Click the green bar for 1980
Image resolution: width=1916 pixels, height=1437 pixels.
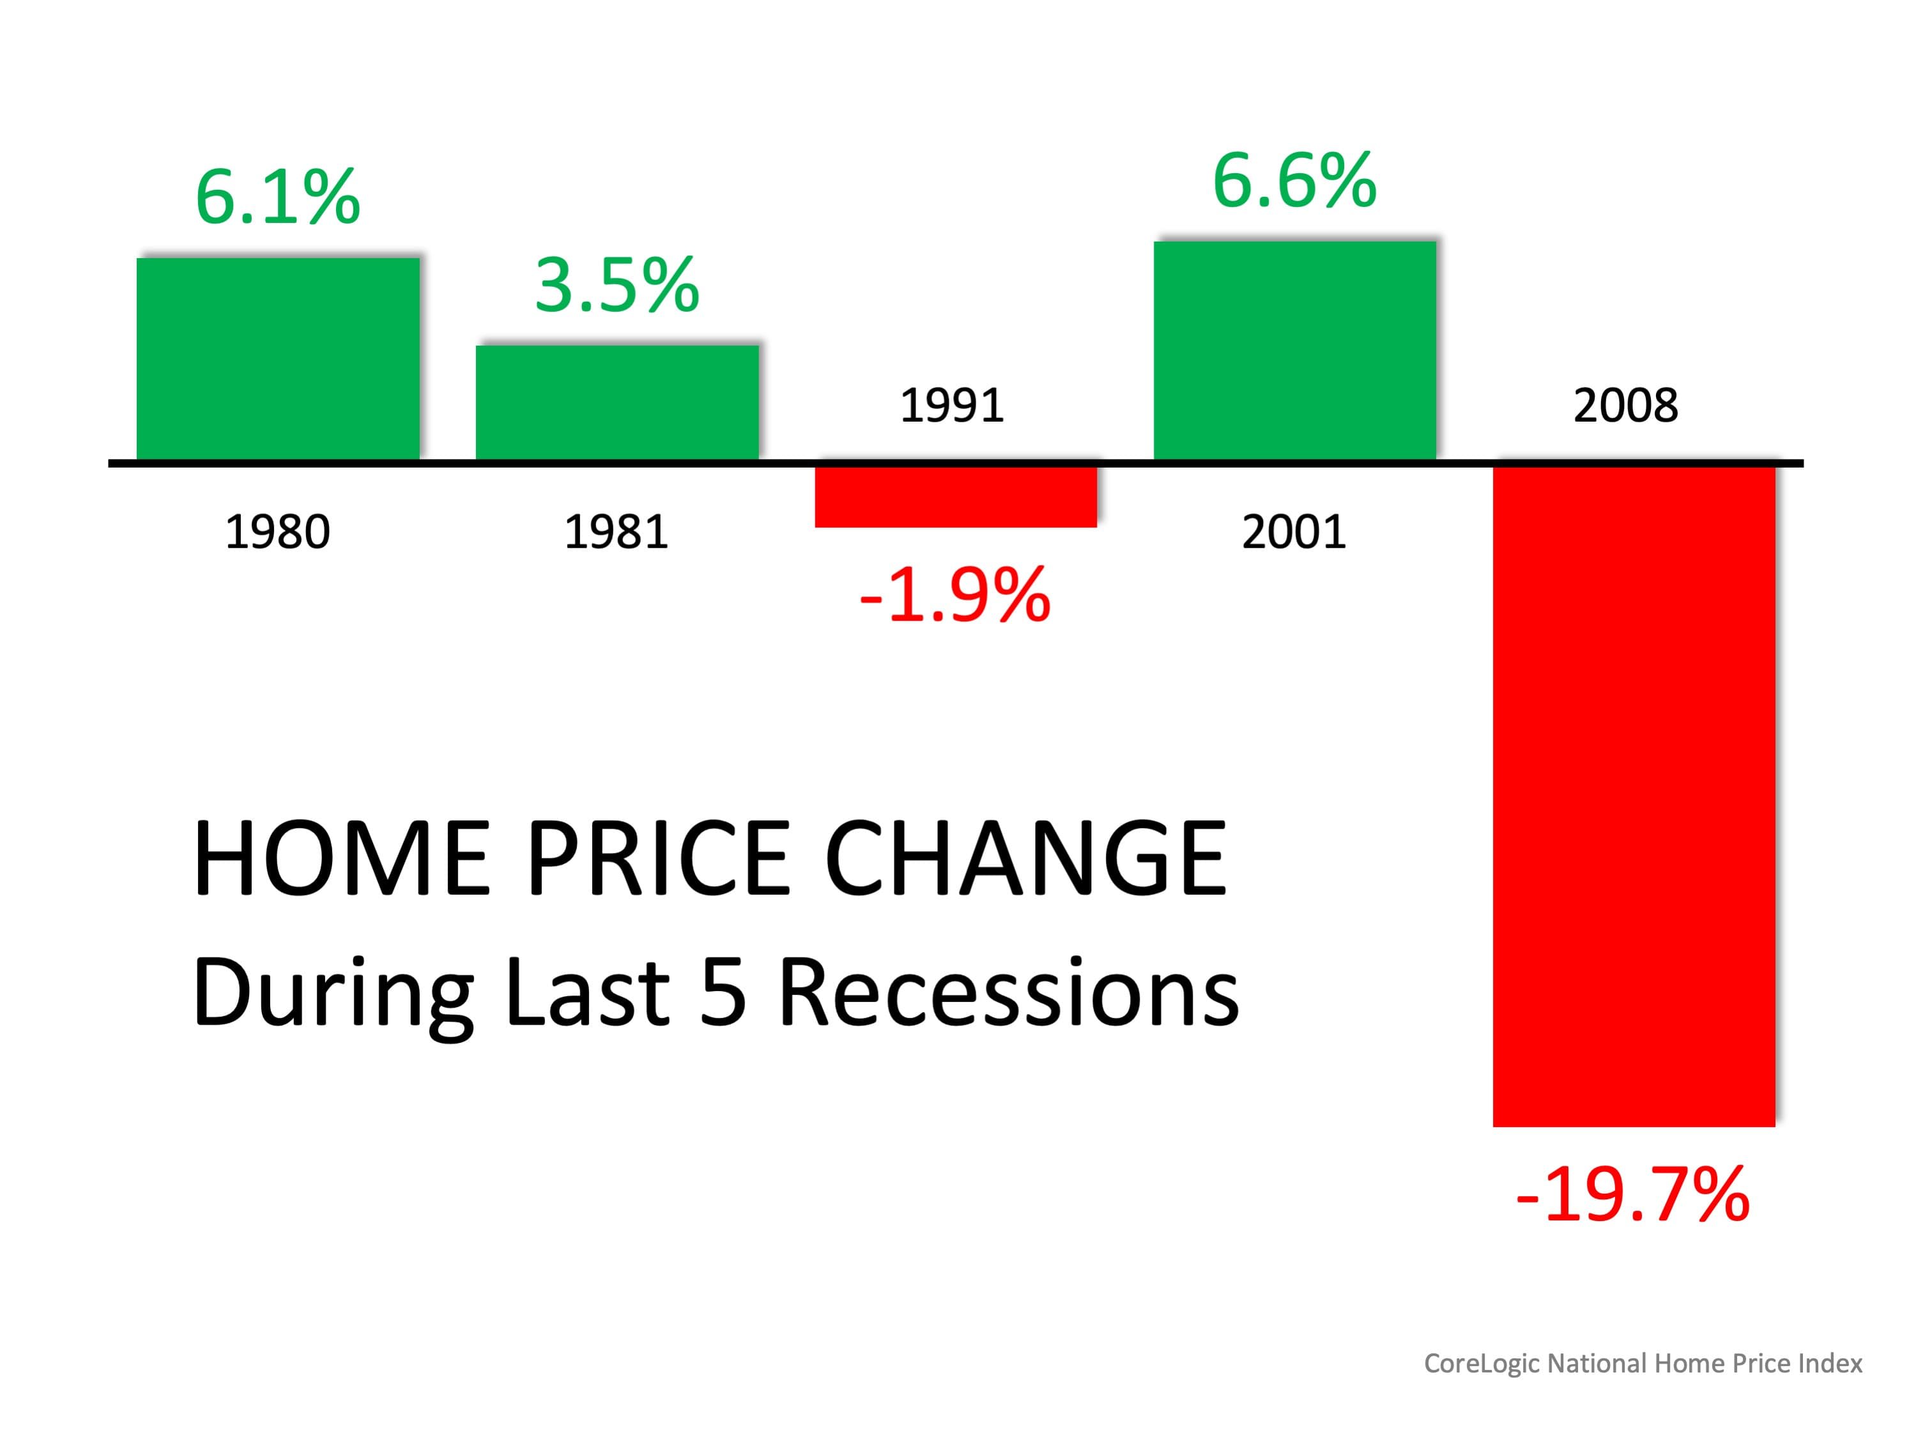pos(278,358)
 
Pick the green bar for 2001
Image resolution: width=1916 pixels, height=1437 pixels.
pos(1295,350)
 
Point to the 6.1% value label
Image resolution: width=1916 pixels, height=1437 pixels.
pos(277,197)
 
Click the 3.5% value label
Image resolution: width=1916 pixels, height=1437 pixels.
pos(617,285)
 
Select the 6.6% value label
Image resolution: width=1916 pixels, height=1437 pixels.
pos(1294,180)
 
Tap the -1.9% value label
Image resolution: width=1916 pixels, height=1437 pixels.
pos(954,595)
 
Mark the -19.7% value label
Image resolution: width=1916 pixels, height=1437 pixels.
pos(1633,1195)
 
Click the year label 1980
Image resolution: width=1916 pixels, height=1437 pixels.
pos(277,532)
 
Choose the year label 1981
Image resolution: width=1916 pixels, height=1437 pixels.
pos(616,532)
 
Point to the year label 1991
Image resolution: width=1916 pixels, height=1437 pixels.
pos(952,405)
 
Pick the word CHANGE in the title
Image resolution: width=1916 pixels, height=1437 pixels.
pos(1025,859)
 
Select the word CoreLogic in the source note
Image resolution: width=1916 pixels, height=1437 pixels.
pos(1482,1364)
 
